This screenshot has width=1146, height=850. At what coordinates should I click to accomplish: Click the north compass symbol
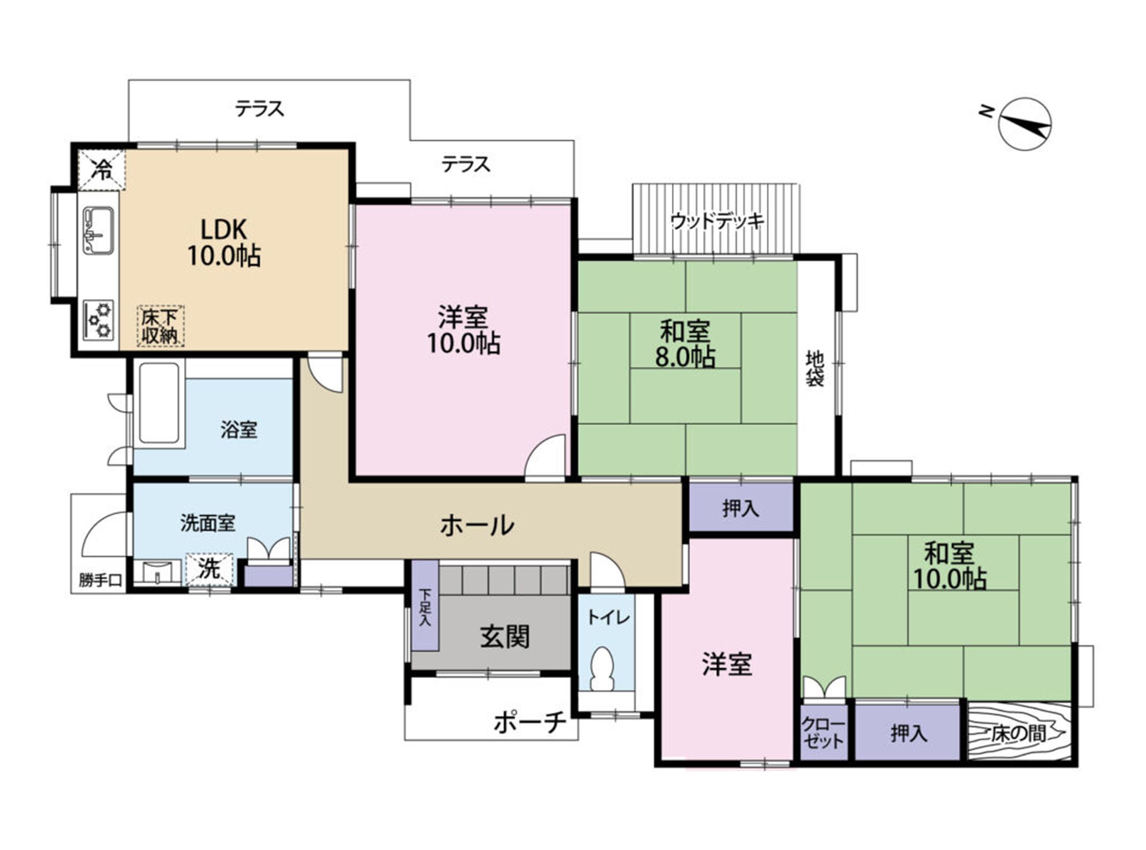1024,124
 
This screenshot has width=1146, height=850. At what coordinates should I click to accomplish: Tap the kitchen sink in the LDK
98,230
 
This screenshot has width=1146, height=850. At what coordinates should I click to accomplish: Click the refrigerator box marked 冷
102,170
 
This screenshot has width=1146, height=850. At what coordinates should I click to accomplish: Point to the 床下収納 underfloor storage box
160,326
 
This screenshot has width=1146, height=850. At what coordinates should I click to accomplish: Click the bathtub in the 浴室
159,404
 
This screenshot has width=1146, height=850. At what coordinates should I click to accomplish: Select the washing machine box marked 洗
209,569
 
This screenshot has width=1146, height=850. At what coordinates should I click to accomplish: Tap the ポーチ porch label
530,722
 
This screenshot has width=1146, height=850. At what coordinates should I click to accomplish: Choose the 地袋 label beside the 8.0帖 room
815,368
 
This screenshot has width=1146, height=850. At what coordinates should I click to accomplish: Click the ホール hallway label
477,525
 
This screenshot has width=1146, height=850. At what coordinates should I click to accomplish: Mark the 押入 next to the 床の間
908,733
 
